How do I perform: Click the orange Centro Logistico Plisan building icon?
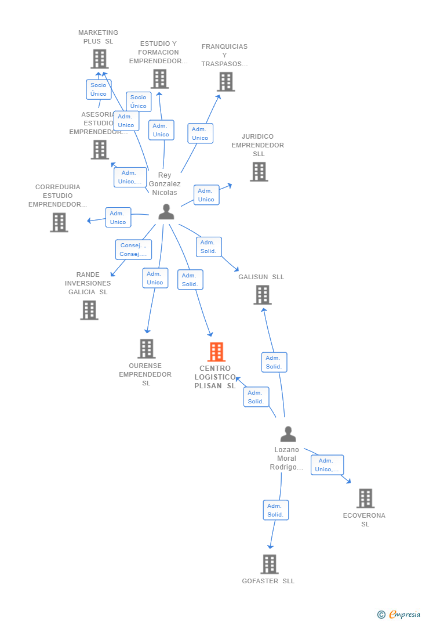pos(216,352)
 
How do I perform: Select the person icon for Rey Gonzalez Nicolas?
pos(166,212)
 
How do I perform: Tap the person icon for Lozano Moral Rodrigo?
pos(288,434)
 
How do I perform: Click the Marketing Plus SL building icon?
pos(100,59)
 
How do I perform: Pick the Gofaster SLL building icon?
pos(270,564)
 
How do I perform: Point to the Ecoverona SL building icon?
pos(365,498)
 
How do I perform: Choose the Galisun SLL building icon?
pos(263,295)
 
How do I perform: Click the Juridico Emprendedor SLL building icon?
pos(259,172)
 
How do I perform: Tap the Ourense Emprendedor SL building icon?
pos(147,349)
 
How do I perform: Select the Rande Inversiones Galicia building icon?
pos(89,310)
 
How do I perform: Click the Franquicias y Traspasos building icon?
pos(225,82)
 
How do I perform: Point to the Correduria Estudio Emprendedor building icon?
pos(59,222)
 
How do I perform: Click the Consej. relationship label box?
pos(133,250)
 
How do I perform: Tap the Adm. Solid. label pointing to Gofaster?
pos(275,510)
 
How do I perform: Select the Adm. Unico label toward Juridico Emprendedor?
pos(206,195)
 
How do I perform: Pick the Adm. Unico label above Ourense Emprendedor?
pos(155,278)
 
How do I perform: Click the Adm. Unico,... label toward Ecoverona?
pos(327,465)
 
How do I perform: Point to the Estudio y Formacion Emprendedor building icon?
pos(159,79)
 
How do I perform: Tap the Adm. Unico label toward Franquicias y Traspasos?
pos(200,133)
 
